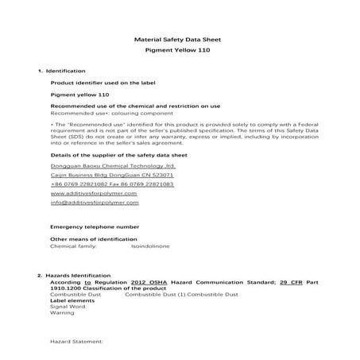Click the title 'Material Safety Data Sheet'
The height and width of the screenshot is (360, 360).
tap(179, 39)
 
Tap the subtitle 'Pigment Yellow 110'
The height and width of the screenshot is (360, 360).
tap(179, 51)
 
